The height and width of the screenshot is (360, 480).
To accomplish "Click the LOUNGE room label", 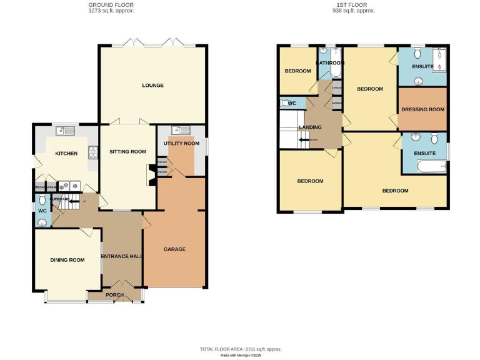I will (152, 85).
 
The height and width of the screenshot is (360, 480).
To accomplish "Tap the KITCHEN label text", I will (66, 153).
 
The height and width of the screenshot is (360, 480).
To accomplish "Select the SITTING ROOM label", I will (127, 151).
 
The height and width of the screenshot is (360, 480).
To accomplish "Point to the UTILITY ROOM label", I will (181, 143).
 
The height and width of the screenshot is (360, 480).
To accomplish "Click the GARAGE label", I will (174, 249).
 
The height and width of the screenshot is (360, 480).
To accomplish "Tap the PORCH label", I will (114, 295).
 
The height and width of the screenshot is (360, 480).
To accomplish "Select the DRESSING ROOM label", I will (422, 109).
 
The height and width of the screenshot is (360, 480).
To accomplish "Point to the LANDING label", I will (310, 127).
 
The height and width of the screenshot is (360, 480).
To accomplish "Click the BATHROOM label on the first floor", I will (330, 63).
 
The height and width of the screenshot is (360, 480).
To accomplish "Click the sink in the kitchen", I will (64, 131).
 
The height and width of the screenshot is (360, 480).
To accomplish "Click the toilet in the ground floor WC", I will (42, 200).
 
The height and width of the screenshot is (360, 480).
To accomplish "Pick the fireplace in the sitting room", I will (151, 175).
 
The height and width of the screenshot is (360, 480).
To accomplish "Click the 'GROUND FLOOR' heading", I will (111, 5).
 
